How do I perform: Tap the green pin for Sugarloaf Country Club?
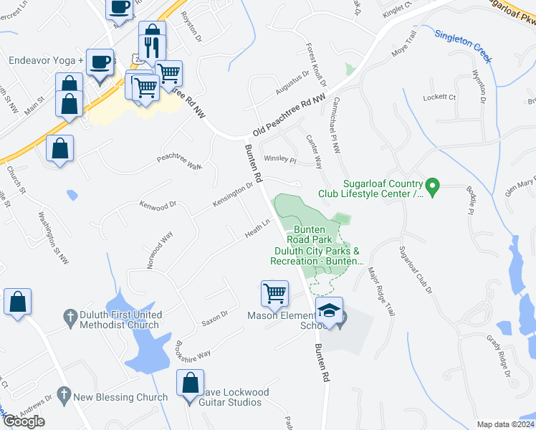pyautogui.click(x=432, y=184)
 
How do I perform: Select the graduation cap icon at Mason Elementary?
pyautogui.click(x=330, y=310)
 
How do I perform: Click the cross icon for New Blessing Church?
pyautogui.click(x=64, y=394)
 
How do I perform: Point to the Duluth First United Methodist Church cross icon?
pyautogui.click(x=70, y=315)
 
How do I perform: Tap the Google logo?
pyautogui.click(x=24, y=421)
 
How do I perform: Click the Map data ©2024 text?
pyautogui.click(x=505, y=424)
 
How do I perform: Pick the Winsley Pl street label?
pyautogui.click(x=280, y=159)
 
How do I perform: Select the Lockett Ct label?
pyautogui.click(x=439, y=97)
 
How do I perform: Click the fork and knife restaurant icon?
pyautogui.click(x=152, y=47)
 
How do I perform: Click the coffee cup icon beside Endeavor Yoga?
pyautogui.click(x=100, y=61)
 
